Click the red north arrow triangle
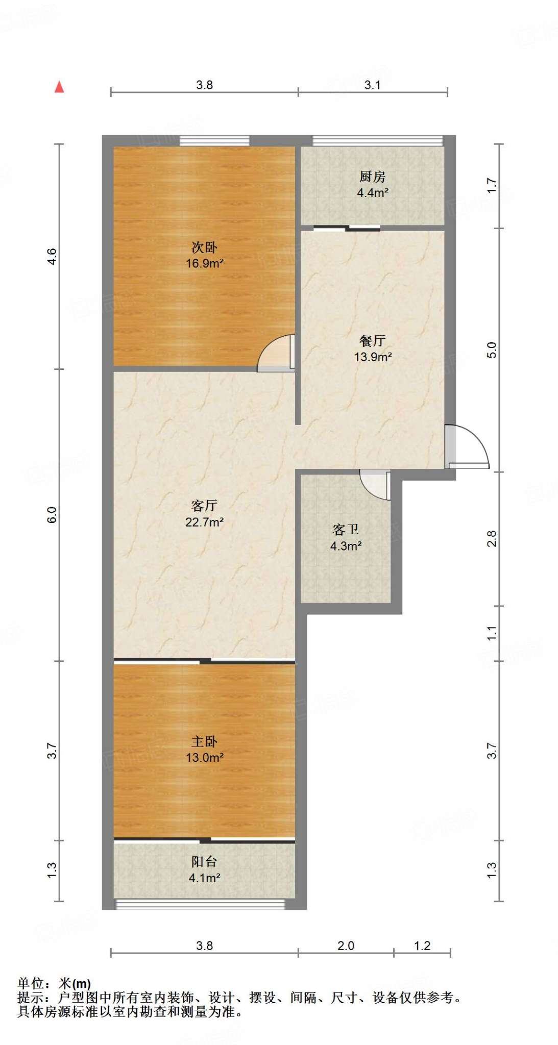click(59, 87)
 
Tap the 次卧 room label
click(204, 247)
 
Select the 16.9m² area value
click(205, 263)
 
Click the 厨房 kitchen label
click(372, 177)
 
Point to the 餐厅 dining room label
click(372, 340)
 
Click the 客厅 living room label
click(204, 506)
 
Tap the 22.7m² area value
click(205, 522)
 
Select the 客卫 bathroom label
click(346, 530)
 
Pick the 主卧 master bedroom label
click(204, 741)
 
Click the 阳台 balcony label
click(204, 862)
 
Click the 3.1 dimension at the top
click(372, 85)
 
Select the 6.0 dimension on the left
click(52, 514)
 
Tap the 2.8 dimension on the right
click(491, 538)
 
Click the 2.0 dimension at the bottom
click(346, 946)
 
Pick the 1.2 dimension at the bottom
click(422, 946)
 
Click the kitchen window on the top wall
click(378, 140)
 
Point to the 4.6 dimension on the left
click(52, 256)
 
